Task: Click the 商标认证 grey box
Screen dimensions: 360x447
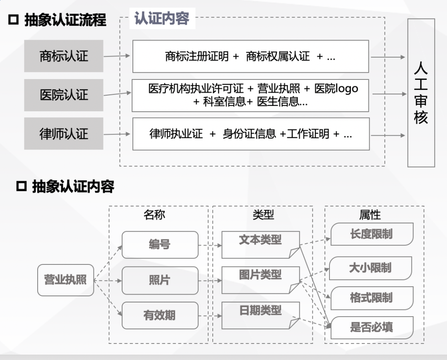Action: tap(63, 56)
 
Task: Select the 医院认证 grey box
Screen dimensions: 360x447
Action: tap(63, 95)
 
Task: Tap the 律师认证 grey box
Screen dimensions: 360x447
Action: tap(63, 134)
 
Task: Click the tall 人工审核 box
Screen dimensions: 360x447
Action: tap(421, 93)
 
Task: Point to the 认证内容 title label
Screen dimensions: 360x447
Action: tap(162, 19)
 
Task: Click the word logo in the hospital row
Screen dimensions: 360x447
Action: tap(346, 89)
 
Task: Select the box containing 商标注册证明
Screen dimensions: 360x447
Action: tap(250, 56)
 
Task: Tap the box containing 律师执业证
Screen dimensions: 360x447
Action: tap(250, 134)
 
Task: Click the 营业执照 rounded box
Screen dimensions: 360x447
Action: tap(65, 280)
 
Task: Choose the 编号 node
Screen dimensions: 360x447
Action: tap(160, 245)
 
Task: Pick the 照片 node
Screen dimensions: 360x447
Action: tap(160, 280)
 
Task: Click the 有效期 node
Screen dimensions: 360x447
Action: tap(160, 315)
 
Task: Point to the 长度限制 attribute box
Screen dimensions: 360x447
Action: tap(372, 234)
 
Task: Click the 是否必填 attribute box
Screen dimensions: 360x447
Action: tap(372, 328)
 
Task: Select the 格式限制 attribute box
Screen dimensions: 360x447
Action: tap(372, 298)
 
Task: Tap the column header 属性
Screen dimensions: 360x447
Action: tap(370, 215)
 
